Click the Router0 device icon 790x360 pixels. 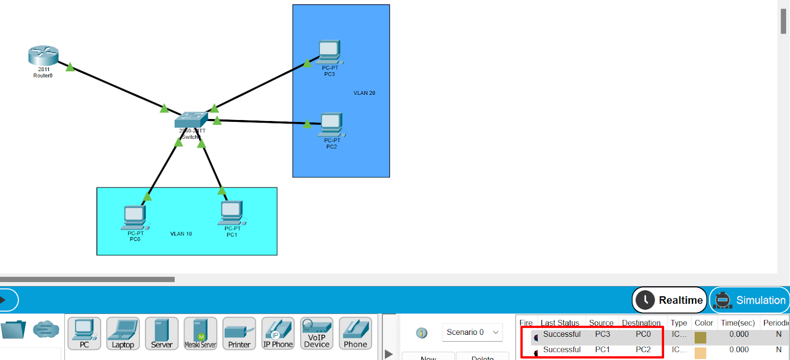43,55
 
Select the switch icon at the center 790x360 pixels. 191,120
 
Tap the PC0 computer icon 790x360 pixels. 135,217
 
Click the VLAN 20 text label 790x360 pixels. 364,93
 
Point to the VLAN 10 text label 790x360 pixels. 181,234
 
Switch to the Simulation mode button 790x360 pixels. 750,300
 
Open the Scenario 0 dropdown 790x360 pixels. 472,332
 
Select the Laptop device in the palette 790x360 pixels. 123,333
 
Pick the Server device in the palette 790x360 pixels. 162,333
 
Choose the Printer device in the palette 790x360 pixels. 239,333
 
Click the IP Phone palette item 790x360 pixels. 278,333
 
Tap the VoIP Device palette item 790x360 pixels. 316,333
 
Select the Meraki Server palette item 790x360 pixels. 200,333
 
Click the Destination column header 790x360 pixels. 641,323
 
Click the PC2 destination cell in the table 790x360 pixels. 643,350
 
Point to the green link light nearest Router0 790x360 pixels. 70,67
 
